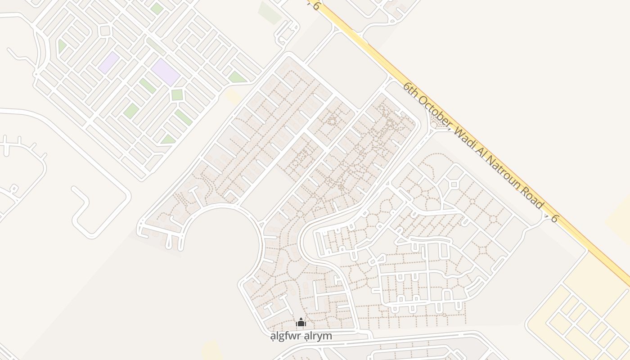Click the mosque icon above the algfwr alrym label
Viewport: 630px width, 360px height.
[301, 322]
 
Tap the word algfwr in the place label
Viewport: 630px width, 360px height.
[287, 336]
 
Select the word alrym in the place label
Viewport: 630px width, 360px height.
[318, 336]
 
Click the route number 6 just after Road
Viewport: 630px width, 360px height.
[554, 219]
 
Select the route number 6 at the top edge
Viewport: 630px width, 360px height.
[316, 6]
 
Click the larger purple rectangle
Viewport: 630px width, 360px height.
[165, 72]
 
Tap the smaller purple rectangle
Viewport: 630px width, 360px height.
[108, 63]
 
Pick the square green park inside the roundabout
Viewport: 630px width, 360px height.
[177, 94]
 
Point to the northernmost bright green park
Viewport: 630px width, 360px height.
[157, 9]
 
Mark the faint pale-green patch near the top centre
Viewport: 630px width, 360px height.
[269, 13]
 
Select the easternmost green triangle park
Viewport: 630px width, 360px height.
[237, 77]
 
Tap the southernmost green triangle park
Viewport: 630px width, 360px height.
[168, 139]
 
